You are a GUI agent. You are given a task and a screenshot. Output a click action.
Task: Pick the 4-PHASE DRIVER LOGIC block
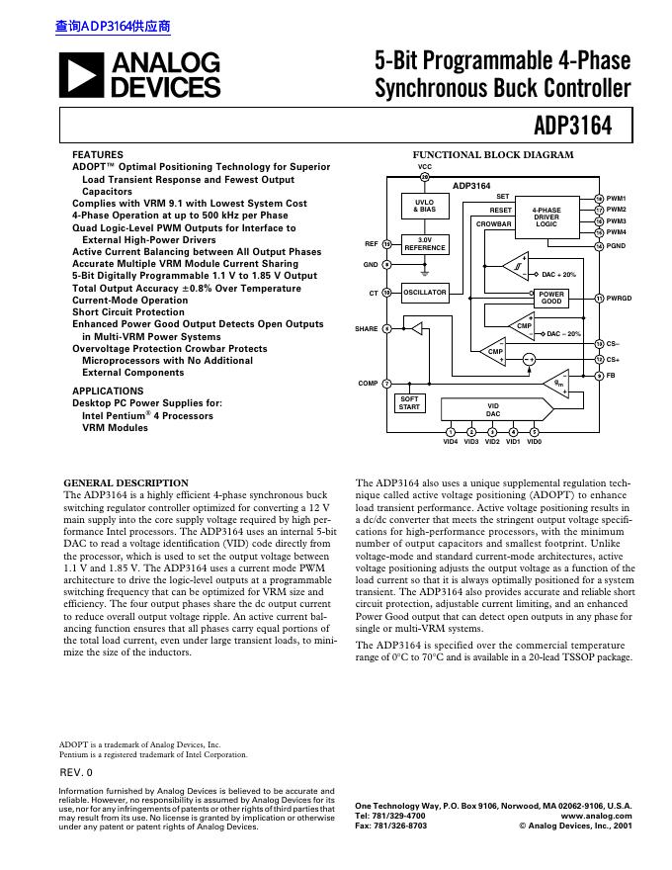(x=546, y=217)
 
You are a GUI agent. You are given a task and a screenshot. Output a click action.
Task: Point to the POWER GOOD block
(x=551, y=298)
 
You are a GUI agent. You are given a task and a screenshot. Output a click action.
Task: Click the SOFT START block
(x=409, y=403)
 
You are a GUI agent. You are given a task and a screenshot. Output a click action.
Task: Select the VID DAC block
(x=493, y=408)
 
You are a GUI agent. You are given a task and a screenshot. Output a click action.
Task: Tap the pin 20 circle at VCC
(x=426, y=177)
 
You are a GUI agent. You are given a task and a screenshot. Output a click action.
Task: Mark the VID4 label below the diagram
(x=451, y=442)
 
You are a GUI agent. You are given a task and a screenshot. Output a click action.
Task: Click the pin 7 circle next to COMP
(x=386, y=383)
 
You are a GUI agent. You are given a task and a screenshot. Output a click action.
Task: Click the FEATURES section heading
(x=98, y=155)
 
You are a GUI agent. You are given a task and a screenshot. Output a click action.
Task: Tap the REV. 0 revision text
(x=76, y=771)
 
